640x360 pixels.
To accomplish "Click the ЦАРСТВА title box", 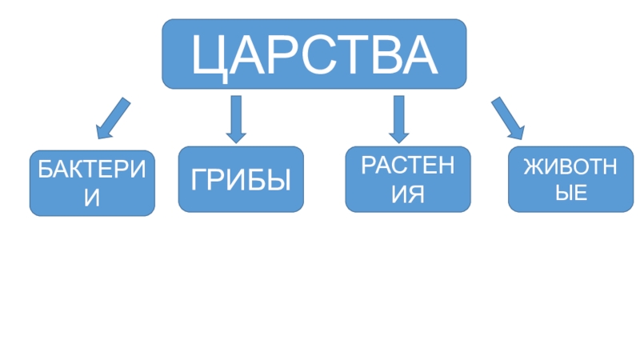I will coord(314,54).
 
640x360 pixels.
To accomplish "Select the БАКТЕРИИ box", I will coord(92,182).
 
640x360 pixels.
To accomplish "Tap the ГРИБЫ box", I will coord(241,179).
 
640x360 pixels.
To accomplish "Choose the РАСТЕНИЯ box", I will coord(408,179).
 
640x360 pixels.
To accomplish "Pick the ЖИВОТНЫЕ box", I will coord(571,179).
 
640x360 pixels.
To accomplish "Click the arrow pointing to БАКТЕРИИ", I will coord(113,116).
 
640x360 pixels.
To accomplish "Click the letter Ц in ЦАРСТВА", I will coord(210,55).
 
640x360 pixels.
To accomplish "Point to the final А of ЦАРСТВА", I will coord(419,54).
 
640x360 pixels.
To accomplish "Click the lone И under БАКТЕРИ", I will coord(92,196).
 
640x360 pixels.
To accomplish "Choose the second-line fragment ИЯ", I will coord(407,193).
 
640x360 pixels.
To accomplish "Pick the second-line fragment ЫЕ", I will coord(571,192).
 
